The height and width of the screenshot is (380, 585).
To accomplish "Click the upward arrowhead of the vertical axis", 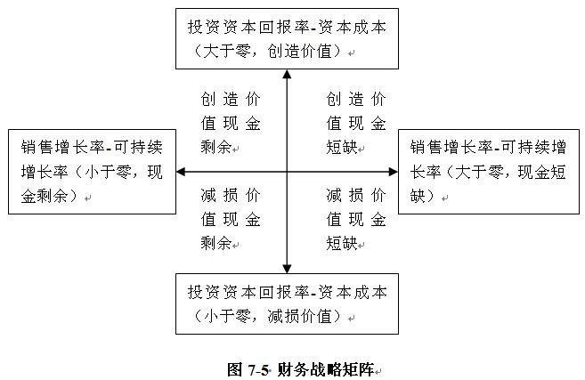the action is coord(287,74).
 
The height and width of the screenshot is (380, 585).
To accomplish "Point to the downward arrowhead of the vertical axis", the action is coord(287,269).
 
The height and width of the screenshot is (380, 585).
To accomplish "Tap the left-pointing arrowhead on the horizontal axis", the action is coord(181,172).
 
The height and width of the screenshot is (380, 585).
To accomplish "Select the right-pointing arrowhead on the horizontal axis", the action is coord(394,172).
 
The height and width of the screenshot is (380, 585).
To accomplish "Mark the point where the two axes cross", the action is coord(287,172).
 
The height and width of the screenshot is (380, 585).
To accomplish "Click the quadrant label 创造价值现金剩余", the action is coord(231,123).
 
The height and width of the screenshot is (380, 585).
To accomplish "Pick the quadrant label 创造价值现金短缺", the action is coord(356,123).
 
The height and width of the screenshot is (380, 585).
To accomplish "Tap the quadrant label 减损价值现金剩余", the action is coord(231,219).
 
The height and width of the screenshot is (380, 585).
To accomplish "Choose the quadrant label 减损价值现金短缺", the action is coord(356,219).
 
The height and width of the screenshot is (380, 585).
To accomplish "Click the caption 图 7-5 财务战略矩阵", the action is coord(301,369).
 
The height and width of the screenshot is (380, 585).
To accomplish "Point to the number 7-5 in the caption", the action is coord(258,370).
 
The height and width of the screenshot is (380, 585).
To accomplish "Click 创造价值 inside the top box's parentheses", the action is coord(299,51).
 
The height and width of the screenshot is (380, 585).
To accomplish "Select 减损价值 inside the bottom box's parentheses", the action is coord(299,316).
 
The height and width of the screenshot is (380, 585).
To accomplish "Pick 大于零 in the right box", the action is coord(479,172).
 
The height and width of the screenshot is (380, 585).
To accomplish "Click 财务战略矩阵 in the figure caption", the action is coord(326,369).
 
